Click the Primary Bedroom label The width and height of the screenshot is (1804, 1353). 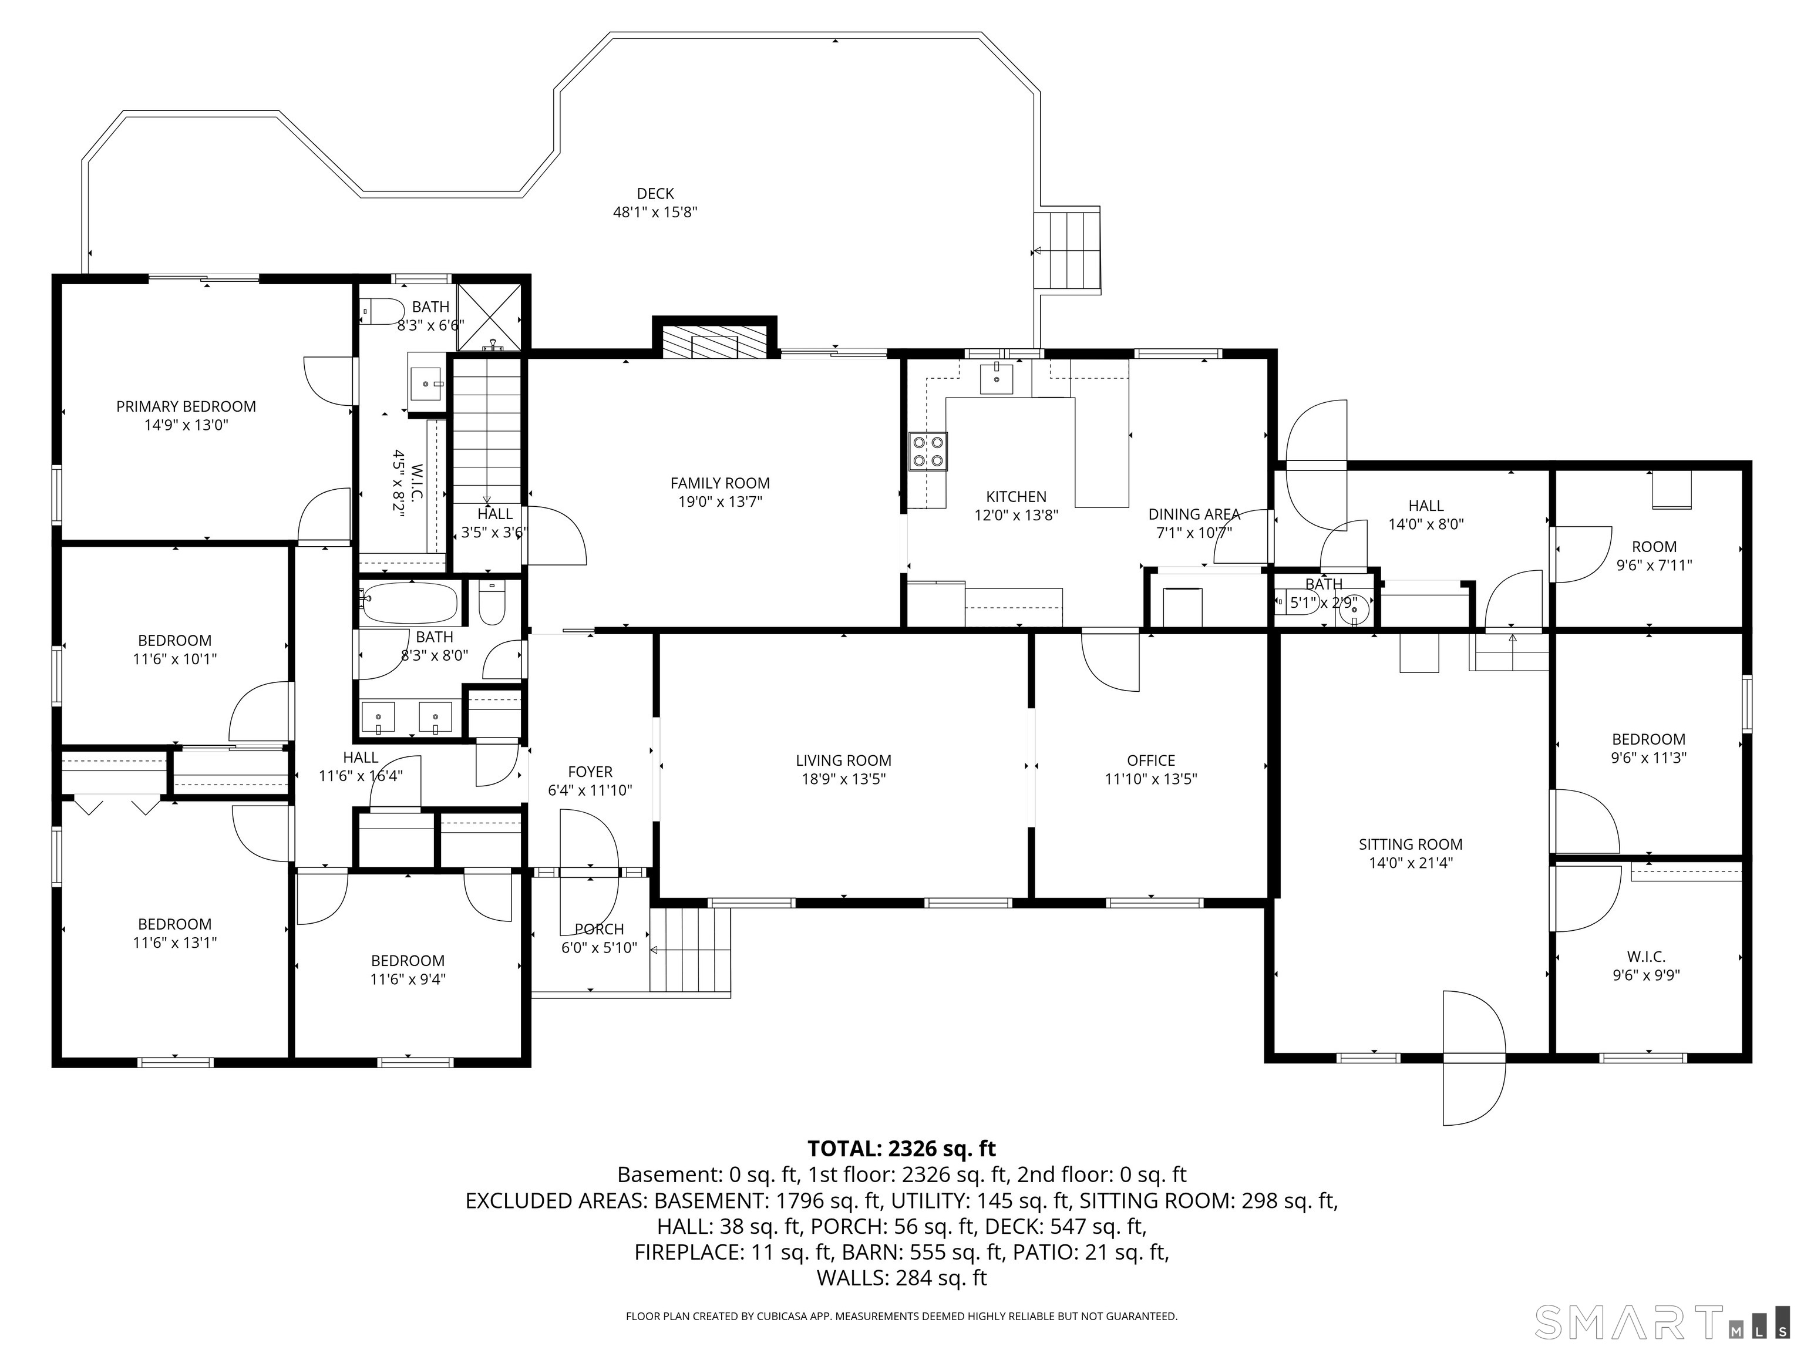[186, 406]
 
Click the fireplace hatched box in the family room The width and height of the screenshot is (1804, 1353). [715, 342]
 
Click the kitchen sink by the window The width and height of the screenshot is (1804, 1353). [996, 379]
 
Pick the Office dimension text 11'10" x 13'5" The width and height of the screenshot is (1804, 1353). [1151, 779]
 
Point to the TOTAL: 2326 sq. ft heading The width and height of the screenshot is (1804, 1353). [901, 1149]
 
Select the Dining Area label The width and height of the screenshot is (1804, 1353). [1194, 514]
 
